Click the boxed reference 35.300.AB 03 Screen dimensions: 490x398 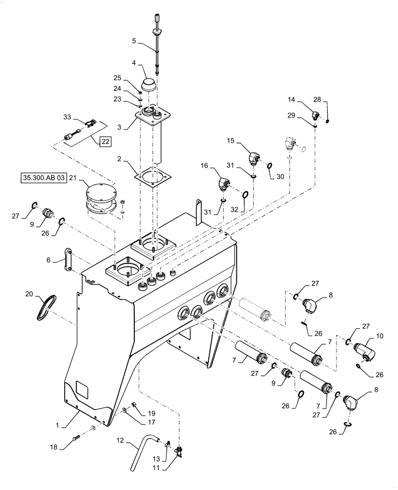[43, 177]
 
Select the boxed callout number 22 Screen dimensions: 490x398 [105, 142]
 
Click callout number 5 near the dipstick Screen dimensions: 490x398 [134, 42]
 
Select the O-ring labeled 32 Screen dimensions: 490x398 [246, 195]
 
